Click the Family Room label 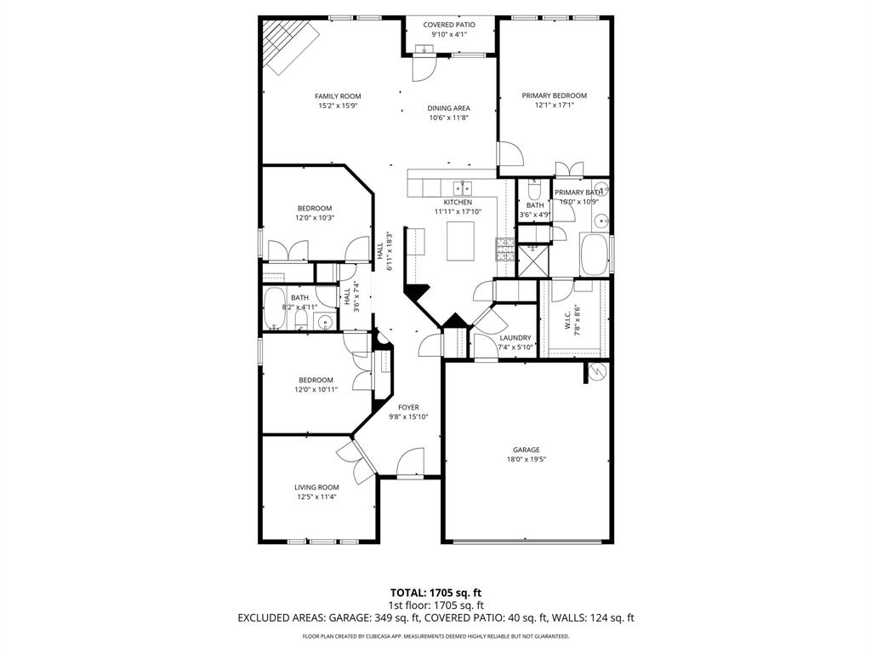pyautogui.click(x=338, y=96)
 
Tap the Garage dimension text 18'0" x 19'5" pyautogui.click(x=526, y=460)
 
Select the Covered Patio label pyautogui.click(x=449, y=25)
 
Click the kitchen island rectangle pyautogui.click(x=462, y=240)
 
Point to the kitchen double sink pyautogui.click(x=462, y=188)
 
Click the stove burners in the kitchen pyautogui.click(x=505, y=250)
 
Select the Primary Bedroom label pyautogui.click(x=555, y=95)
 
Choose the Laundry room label pyautogui.click(x=515, y=337)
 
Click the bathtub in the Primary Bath pyautogui.click(x=594, y=254)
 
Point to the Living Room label pyautogui.click(x=316, y=487)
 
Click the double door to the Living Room pyautogui.click(x=355, y=458)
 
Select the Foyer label pyautogui.click(x=408, y=407)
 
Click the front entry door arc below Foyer pyautogui.click(x=410, y=462)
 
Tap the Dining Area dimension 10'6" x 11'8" pyautogui.click(x=449, y=118)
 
